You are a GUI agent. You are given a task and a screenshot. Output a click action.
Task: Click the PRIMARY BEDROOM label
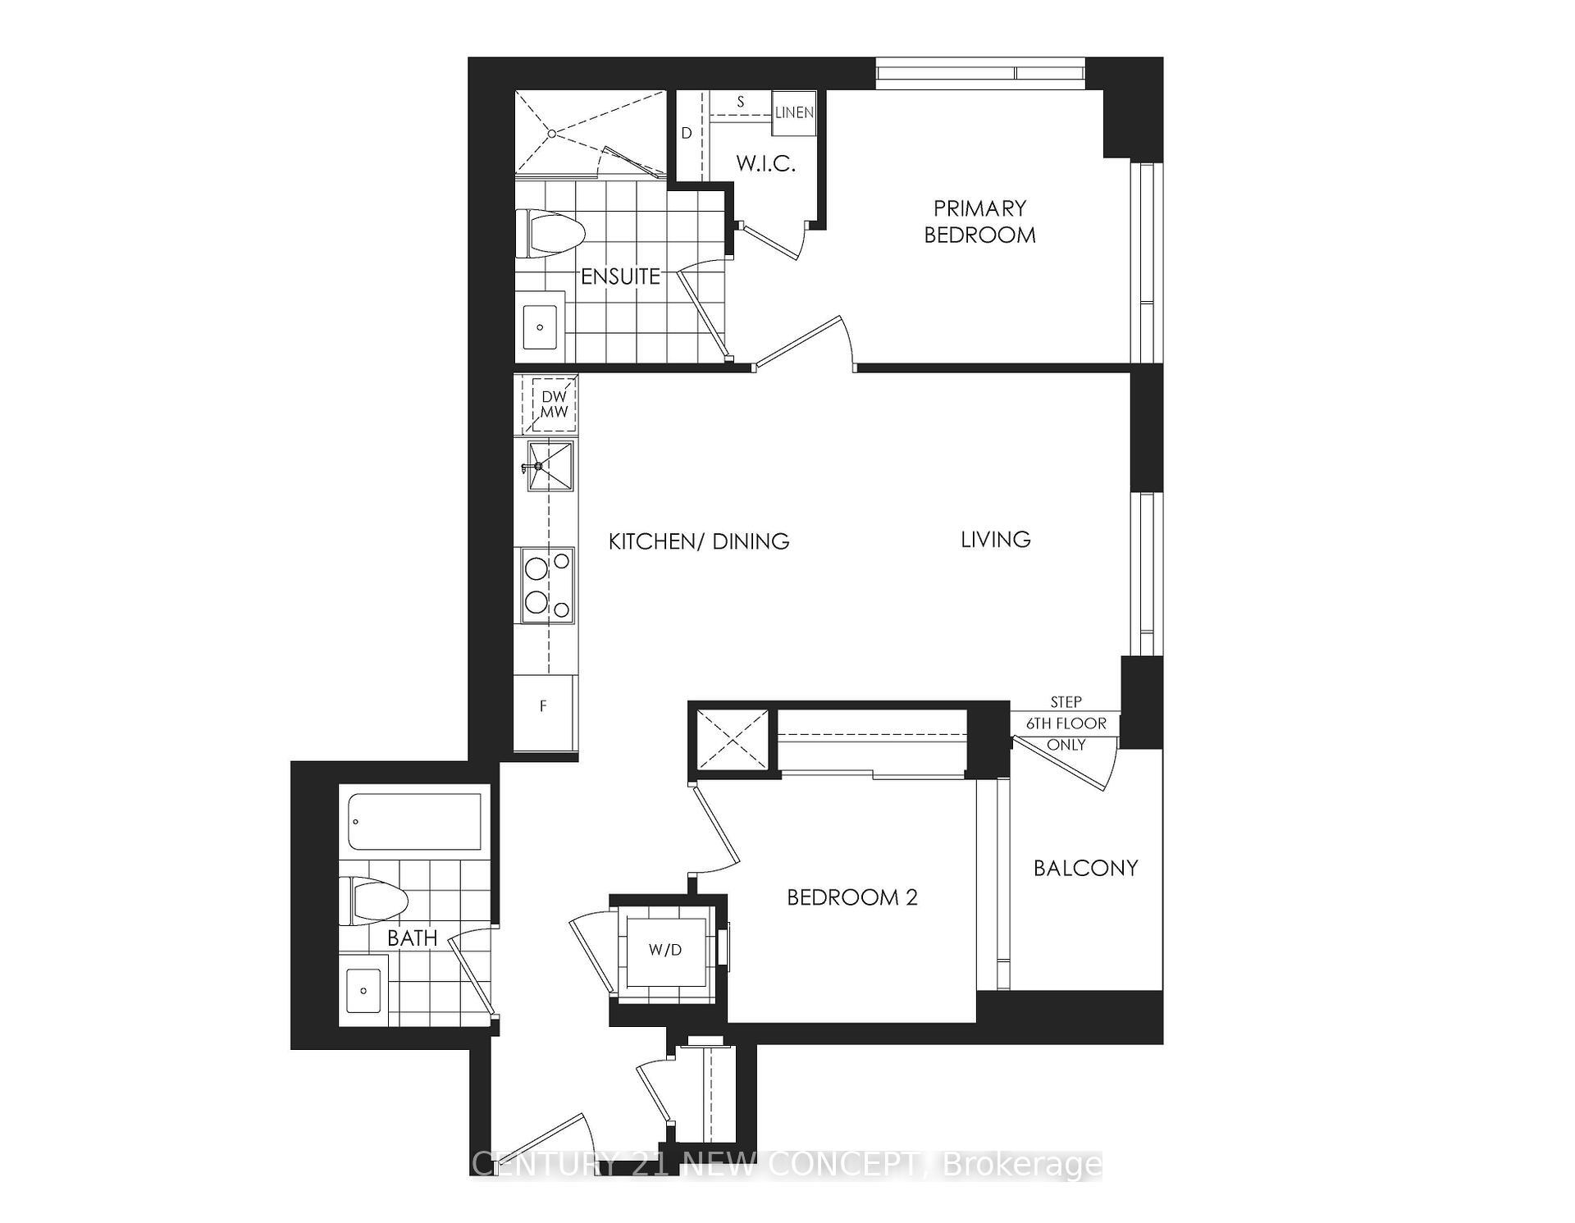click(979, 221)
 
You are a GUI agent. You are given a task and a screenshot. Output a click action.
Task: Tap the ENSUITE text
click(620, 276)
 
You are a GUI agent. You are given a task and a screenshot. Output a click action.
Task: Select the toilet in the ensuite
click(550, 231)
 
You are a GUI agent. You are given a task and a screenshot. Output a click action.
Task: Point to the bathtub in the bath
click(414, 822)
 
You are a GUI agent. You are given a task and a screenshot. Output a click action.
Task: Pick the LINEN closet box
click(794, 112)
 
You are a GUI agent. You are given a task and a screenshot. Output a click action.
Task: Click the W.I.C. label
click(765, 163)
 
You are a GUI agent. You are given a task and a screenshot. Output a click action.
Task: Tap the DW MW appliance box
click(554, 405)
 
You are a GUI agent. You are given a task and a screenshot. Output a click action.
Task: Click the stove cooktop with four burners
click(548, 586)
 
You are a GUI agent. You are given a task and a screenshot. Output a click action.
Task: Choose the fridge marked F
click(543, 706)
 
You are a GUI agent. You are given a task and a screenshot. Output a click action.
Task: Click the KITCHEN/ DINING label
click(699, 541)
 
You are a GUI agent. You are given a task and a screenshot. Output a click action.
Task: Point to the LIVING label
click(996, 539)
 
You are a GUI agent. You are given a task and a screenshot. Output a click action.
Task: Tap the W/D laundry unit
click(665, 951)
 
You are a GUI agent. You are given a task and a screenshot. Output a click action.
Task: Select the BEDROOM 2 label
click(852, 897)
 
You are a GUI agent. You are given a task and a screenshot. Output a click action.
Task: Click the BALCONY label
click(1085, 868)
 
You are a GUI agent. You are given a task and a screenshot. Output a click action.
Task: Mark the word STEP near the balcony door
click(1066, 702)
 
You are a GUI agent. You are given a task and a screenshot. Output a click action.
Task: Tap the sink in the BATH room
click(363, 990)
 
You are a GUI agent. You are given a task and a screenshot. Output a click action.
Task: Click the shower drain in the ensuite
click(552, 133)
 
